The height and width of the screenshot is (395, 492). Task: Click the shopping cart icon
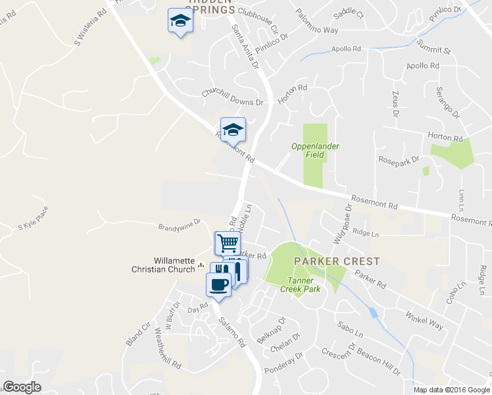(228, 243)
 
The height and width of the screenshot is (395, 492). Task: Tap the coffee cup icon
(219, 284)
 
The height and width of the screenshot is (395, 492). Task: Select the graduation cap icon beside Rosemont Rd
(233, 129)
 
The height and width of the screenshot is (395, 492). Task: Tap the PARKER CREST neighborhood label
(337, 261)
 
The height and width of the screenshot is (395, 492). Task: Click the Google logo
(22, 387)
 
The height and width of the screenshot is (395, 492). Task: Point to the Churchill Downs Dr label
(232, 98)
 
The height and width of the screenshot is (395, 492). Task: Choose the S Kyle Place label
(34, 226)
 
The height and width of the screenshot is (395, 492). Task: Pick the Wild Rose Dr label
(341, 224)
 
